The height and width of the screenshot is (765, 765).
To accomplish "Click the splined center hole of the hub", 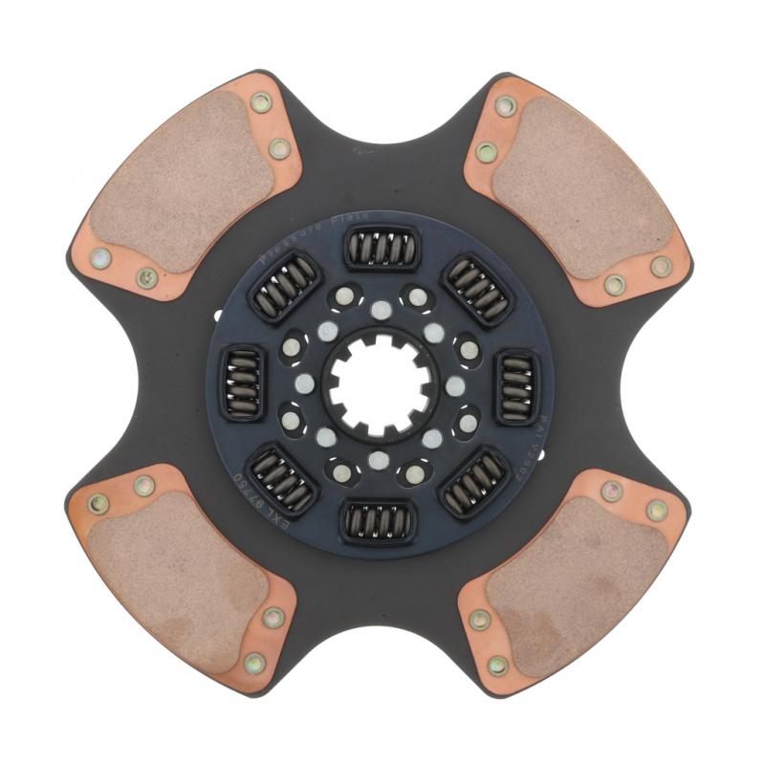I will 381,382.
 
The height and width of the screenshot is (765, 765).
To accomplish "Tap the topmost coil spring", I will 381,248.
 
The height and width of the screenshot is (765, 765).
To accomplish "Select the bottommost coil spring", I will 381,520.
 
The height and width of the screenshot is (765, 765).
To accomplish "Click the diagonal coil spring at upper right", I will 477,287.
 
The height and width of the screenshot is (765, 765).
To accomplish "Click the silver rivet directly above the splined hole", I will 381,308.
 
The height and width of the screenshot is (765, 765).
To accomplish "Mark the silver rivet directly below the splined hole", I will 381,457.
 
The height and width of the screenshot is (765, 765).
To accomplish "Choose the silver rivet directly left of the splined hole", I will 306,382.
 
